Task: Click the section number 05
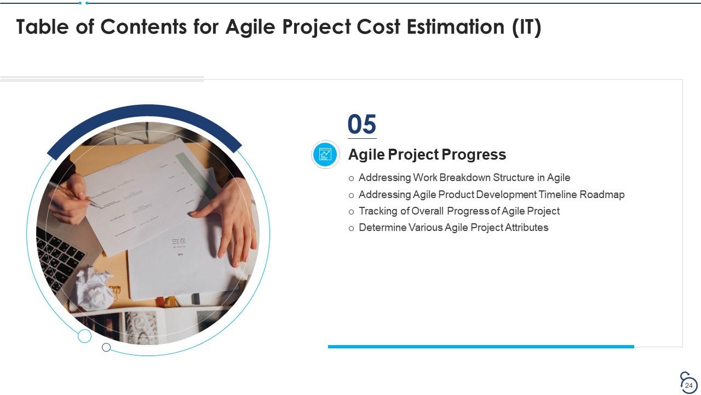[362, 125]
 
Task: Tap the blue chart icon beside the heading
[325, 154]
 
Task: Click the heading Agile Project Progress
[427, 155]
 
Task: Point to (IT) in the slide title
[526, 26]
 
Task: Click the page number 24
[689, 386]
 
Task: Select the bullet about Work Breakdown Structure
[464, 178]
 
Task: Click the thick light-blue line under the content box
[481, 347]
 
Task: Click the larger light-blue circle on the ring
[84, 336]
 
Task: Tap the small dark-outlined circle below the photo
[106, 347]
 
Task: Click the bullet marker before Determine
[352, 228]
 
